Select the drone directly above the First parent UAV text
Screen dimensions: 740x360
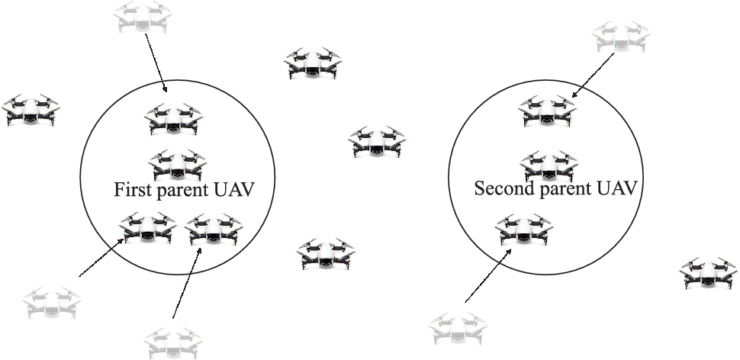click(x=177, y=164)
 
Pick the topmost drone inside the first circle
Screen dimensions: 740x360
click(x=175, y=119)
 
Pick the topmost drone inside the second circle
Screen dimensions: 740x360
click(x=547, y=111)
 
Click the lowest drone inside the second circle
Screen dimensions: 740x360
click(x=524, y=228)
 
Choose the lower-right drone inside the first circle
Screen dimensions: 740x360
click(x=214, y=228)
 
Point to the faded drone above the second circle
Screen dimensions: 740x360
click(x=622, y=37)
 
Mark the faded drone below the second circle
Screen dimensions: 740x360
click(x=458, y=327)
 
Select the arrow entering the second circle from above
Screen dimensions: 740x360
click(x=594, y=76)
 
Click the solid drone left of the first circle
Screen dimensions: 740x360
click(x=30, y=110)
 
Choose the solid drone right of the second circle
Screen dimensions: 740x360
click(x=709, y=273)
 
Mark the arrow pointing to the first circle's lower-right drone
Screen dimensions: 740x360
click(x=188, y=282)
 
